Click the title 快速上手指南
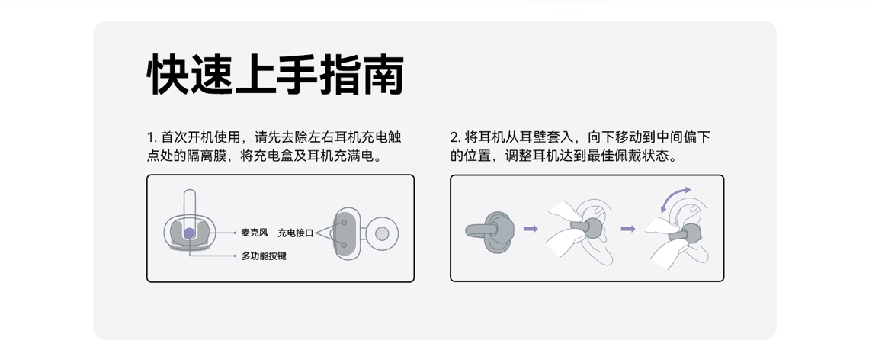click(x=275, y=75)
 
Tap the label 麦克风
click(x=255, y=233)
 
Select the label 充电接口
click(x=296, y=233)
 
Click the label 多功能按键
click(x=264, y=256)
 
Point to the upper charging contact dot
click(x=344, y=223)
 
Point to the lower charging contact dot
click(x=344, y=244)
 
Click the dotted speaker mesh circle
click(x=381, y=233)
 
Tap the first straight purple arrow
click(x=531, y=229)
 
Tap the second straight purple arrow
click(x=628, y=229)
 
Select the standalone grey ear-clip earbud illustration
click(x=490, y=231)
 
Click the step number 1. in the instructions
click(x=152, y=137)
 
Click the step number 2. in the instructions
click(x=456, y=137)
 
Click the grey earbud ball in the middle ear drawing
click(x=592, y=228)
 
